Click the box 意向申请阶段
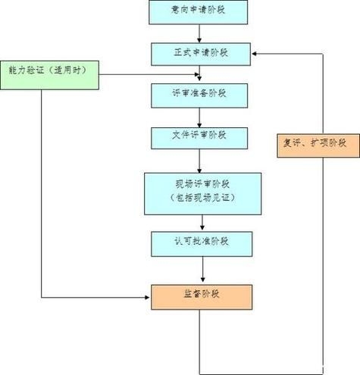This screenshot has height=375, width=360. point(200,11)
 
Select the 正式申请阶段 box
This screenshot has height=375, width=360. point(200,53)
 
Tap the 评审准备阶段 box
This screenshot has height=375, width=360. point(200,95)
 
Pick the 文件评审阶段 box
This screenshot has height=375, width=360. point(200,136)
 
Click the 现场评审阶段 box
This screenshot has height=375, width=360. point(202,192)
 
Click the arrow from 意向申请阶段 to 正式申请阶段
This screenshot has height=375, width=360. point(200,33)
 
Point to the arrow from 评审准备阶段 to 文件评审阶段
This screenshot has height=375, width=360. point(200,116)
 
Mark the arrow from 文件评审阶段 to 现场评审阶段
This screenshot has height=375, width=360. point(200,161)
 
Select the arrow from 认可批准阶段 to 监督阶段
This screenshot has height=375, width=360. point(202,269)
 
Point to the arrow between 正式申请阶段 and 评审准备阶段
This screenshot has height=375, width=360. point(200,73)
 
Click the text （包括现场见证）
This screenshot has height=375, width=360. point(202,200)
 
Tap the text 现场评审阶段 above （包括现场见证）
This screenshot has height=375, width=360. point(202,184)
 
